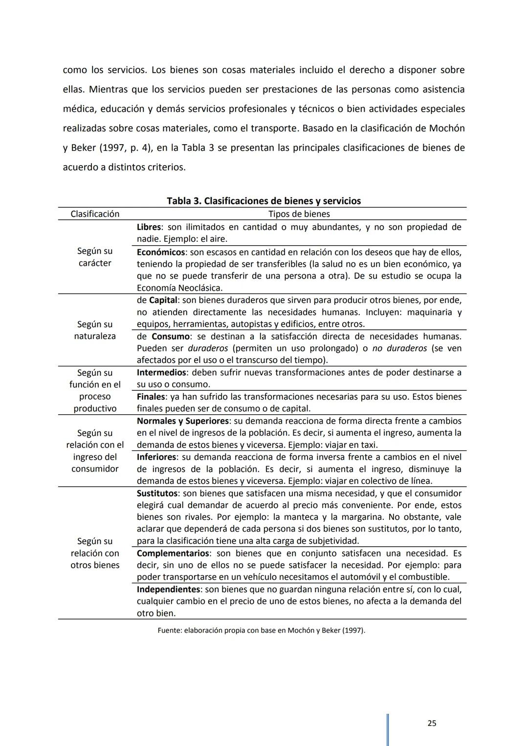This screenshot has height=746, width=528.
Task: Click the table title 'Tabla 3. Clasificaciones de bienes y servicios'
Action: (264, 201)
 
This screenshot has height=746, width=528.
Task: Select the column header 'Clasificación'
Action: (95, 214)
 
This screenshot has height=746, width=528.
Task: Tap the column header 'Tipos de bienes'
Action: (299, 214)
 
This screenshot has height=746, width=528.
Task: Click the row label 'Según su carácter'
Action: (95, 257)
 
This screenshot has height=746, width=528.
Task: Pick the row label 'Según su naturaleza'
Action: (95, 330)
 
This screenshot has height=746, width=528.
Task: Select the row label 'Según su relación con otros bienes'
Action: (95, 553)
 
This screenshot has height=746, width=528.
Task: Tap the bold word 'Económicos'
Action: (160, 252)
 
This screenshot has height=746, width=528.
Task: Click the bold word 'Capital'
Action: (163, 300)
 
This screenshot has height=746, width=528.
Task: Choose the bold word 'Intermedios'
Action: (161, 373)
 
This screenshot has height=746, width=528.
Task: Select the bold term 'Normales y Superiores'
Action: (182, 421)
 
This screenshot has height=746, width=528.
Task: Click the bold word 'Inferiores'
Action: (156, 457)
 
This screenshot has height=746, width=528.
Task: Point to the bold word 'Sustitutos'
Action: (157, 493)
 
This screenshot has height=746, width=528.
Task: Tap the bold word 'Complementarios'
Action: (173, 554)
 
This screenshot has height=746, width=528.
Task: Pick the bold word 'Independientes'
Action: (168, 589)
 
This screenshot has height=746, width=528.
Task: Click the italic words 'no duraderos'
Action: (399, 348)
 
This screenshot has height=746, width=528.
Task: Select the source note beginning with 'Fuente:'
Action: (261, 630)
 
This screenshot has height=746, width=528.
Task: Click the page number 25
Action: (432, 723)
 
